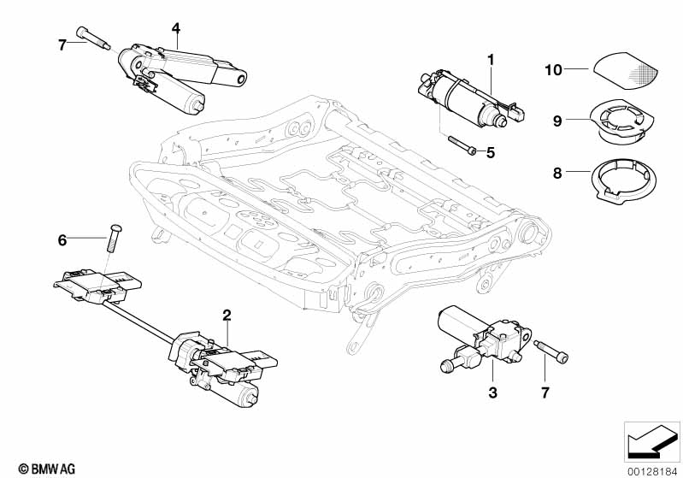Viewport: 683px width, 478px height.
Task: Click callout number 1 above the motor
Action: (491, 60)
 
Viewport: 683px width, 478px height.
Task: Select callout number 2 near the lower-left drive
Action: (227, 315)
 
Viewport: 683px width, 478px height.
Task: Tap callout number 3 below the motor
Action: (492, 392)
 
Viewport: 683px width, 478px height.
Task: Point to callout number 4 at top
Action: (175, 28)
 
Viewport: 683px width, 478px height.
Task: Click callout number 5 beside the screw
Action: (491, 153)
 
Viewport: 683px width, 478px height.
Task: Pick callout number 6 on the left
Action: (62, 239)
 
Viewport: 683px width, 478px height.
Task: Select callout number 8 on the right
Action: (557, 174)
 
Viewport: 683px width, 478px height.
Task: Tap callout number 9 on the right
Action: (557, 121)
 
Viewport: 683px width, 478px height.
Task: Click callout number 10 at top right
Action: (554, 70)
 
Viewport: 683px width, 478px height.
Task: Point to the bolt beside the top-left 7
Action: (93, 38)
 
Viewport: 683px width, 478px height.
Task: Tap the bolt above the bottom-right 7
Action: (551, 351)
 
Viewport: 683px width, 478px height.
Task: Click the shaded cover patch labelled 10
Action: (625, 71)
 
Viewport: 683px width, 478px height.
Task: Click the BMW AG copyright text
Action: (47, 469)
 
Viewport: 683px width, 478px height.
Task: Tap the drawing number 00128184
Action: (653, 471)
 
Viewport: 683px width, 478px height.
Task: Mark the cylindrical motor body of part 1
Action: (462, 98)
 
